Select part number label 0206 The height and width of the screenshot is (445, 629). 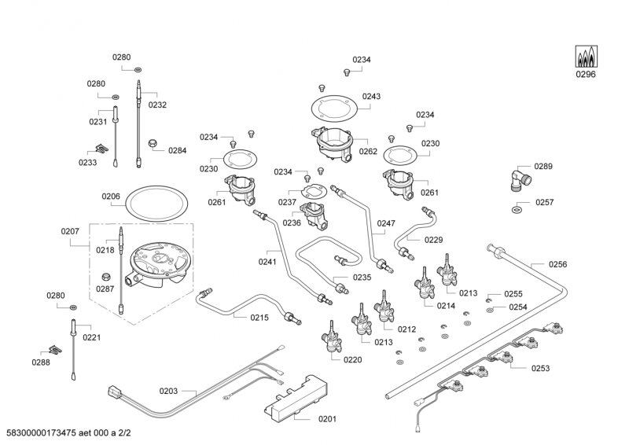[x=112, y=197]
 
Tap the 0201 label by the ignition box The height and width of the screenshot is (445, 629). [x=327, y=418]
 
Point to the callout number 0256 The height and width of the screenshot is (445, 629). [x=557, y=264]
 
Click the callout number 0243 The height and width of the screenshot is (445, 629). [x=371, y=97]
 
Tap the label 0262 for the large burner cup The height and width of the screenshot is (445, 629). [x=368, y=152]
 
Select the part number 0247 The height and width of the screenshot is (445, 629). [x=385, y=223]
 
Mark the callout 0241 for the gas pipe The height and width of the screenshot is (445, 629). [x=267, y=262]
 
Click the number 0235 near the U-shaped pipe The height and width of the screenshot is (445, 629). [x=362, y=278]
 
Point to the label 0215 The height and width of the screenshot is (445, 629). [x=259, y=318]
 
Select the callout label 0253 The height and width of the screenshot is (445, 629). [x=540, y=368]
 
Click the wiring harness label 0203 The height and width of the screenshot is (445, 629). [x=168, y=391]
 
